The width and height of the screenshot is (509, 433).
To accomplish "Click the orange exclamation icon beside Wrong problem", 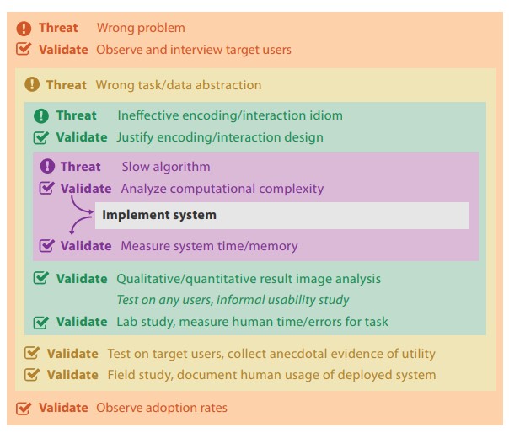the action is tap(24, 29).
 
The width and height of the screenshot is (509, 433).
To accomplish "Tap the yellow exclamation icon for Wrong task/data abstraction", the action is tap(32, 84).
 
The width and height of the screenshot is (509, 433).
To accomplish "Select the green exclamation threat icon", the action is tap(41, 115).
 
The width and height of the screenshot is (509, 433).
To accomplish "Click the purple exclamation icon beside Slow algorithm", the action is tap(47, 166).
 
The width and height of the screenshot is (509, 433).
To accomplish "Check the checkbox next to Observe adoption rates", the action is tap(24, 408).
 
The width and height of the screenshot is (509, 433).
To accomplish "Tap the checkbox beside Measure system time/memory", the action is tap(46, 245).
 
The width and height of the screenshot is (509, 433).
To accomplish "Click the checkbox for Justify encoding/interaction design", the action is tap(41, 137).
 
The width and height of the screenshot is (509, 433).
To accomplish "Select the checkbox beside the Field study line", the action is tap(32, 374).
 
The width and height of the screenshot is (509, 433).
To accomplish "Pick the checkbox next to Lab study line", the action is tap(41, 322).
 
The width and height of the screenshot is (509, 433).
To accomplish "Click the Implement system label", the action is tap(159, 215).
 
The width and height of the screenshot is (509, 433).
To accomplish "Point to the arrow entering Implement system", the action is tap(80, 206).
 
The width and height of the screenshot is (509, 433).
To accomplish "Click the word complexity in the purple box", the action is tap(292, 189).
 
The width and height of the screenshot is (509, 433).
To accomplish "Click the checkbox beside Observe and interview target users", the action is tap(24, 50).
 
